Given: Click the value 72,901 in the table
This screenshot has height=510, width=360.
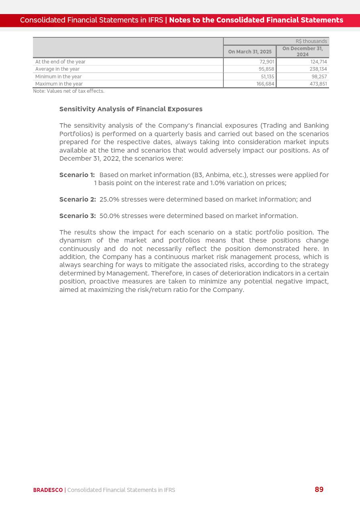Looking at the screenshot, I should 267,62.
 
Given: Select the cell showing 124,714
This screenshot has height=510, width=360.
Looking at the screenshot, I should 319,62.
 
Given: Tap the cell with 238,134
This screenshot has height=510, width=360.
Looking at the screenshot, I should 318,69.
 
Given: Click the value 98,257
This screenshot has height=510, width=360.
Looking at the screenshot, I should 319,77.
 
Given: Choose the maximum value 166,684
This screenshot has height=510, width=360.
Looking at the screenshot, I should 266,84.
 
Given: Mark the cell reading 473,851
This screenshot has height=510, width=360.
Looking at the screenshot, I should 318,84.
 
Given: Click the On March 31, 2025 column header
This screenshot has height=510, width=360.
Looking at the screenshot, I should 250,52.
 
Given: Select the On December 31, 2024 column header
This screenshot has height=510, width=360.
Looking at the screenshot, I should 303,51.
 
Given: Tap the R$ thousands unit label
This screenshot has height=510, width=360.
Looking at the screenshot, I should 311,41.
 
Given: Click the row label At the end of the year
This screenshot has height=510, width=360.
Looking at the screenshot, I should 60,62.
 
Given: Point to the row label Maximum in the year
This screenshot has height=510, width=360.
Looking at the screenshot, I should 59,84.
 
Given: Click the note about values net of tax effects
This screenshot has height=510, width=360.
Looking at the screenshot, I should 69,91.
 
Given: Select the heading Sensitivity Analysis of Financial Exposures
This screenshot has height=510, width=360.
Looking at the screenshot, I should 131,109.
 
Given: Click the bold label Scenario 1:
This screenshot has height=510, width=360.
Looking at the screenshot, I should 77,175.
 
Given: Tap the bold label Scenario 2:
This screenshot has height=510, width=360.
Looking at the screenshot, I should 78,200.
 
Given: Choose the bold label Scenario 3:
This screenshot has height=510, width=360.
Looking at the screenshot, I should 78,216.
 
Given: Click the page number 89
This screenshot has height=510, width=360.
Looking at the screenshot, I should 319,490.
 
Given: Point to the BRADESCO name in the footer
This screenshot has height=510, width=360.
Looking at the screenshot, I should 48,490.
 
